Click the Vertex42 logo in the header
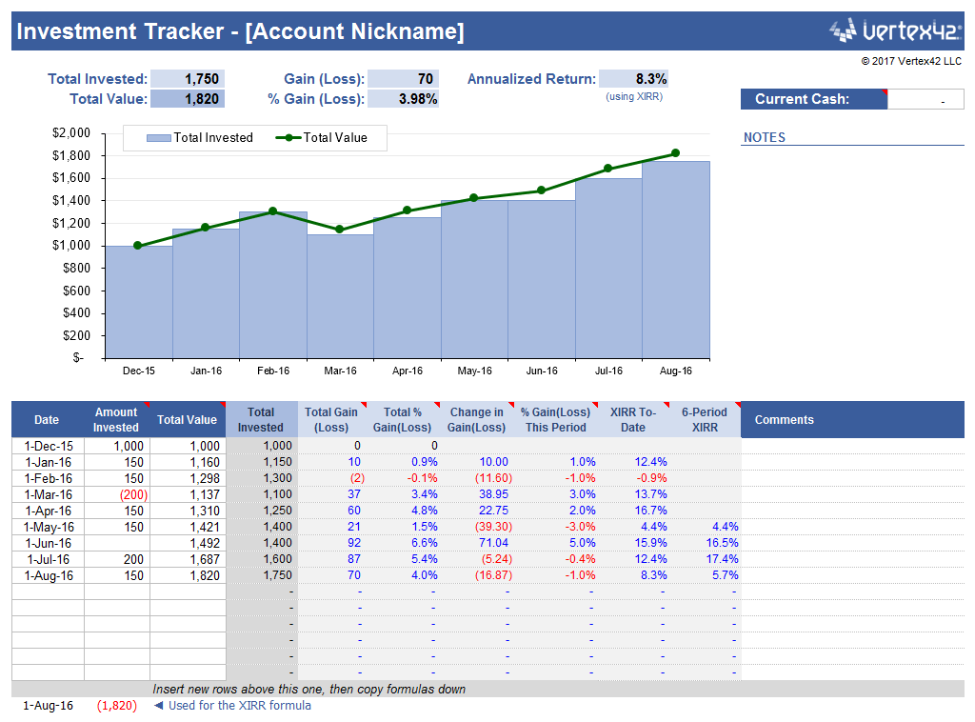click(x=895, y=30)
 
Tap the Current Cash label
click(x=802, y=99)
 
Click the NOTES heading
click(x=765, y=137)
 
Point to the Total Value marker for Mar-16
click(x=340, y=230)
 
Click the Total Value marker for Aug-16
click(x=675, y=152)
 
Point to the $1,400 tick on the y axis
click(x=70, y=201)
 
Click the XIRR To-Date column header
click(x=633, y=420)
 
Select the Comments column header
click(x=784, y=420)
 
